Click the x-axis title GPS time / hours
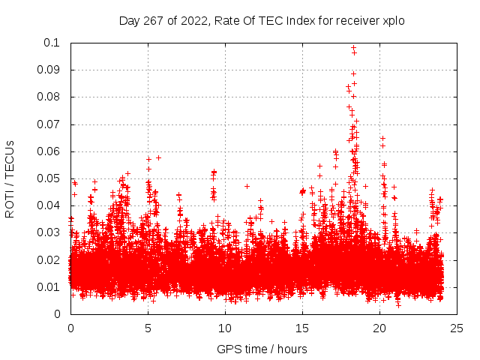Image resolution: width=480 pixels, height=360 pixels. [x=262, y=349]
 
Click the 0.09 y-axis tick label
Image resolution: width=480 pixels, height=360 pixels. [x=49, y=70]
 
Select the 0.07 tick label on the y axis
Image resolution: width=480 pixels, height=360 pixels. [x=49, y=124]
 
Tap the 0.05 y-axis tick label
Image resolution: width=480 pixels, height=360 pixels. [x=49, y=178]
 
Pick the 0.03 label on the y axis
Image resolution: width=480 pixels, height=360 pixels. [x=49, y=232]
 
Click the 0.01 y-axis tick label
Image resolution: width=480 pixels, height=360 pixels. [x=49, y=287]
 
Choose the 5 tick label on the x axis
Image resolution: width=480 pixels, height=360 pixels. [x=148, y=328]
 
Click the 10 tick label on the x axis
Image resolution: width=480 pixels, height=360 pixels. [x=225, y=328]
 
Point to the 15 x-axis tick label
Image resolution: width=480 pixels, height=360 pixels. [x=302, y=328]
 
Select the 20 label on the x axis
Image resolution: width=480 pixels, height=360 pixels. [x=379, y=328]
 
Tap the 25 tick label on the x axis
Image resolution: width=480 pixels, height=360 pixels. [x=457, y=328]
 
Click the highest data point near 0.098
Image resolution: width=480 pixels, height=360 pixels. [x=353, y=47]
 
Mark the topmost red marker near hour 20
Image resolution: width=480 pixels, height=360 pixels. [x=382, y=139]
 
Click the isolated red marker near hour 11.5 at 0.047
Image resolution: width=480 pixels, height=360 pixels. [x=247, y=186]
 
